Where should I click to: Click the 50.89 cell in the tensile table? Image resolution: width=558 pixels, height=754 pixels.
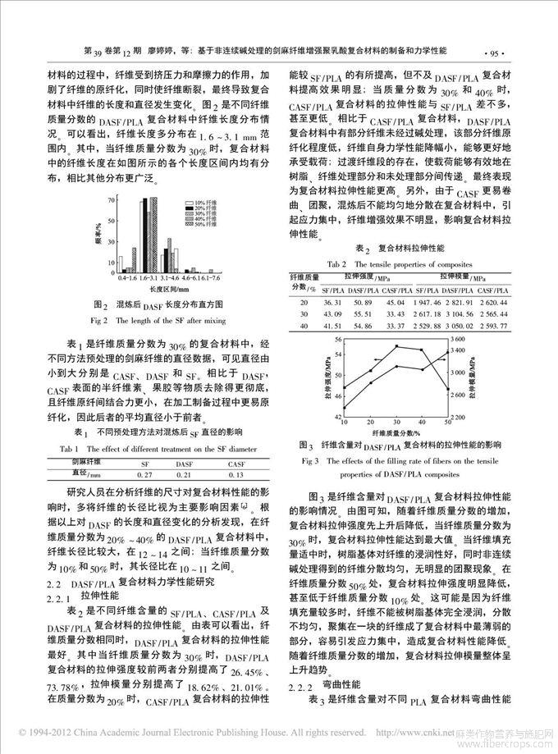click(367, 303)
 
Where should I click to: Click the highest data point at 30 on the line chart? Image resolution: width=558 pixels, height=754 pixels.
click(397, 346)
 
